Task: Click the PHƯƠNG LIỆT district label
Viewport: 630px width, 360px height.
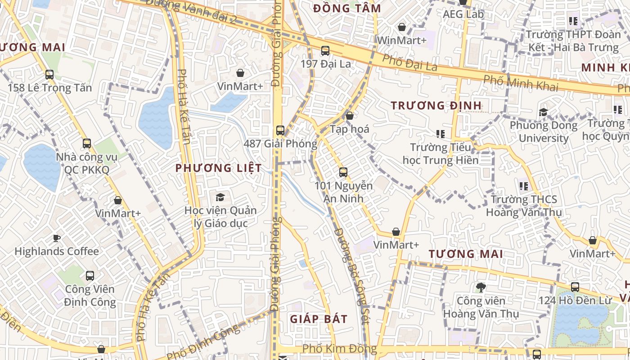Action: (218, 168)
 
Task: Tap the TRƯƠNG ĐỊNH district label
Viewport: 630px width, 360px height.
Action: (436, 106)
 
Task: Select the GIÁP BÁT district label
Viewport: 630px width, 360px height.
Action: (319, 319)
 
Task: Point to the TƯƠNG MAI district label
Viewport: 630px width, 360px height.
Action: (465, 254)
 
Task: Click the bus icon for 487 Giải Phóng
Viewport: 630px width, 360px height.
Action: (280, 130)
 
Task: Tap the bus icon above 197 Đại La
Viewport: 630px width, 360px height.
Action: (325, 51)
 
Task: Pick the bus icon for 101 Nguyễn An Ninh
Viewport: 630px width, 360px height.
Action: (343, 172)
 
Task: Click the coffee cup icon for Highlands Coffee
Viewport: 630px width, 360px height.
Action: (56, 238)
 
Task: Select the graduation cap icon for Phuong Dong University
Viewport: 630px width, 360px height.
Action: (543, 112)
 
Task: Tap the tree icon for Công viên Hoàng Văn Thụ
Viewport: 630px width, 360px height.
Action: (481, 287)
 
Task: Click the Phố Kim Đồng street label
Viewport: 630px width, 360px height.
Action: (339, 349)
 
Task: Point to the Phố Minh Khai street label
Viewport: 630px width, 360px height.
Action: (520, 83)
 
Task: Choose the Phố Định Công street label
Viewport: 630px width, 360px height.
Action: (203, 342)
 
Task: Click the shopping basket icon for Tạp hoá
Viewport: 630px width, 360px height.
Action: (349, 116)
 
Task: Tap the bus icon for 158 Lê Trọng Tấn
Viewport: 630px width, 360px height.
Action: (49, 75)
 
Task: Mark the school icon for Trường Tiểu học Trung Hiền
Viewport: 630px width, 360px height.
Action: (440, 134)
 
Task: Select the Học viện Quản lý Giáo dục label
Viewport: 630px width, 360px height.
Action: (220, 217)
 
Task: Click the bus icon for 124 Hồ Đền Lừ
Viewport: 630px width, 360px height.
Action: (575, 287)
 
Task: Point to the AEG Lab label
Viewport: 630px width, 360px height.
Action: (463, 14)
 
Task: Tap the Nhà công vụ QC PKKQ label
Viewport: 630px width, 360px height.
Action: (86, 164)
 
